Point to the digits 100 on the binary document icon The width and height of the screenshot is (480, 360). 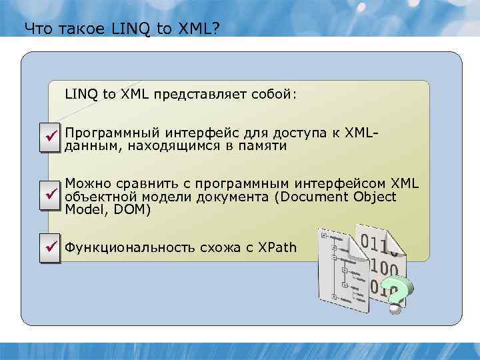click(x=383, y=267)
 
